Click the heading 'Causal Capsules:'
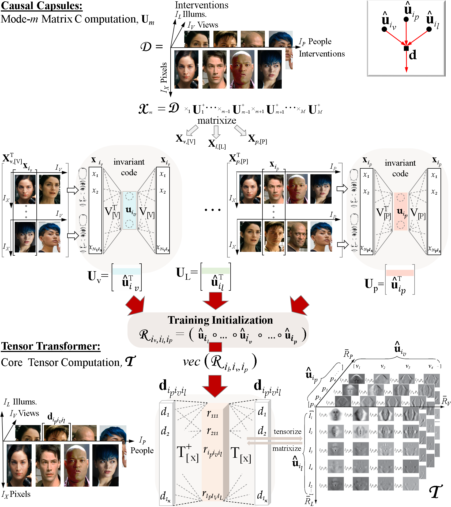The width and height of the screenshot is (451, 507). click(x=42, y=6)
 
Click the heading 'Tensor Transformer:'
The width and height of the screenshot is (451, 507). click(x=51, y=346)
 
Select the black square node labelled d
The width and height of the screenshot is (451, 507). click(x=406, y=48)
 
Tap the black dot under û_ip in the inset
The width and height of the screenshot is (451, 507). click(x=406, y=19)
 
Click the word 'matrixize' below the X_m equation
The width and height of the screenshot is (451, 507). click(x=216, y=121)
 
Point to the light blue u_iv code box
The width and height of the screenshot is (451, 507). click(x=129, y=210)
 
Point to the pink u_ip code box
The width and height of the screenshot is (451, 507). click(x=400, y=211)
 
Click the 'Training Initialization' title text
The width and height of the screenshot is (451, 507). click(x=220, y=320)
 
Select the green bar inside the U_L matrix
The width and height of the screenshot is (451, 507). click(x=216, y=271)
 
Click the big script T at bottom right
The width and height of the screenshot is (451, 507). click(x=435, y=491)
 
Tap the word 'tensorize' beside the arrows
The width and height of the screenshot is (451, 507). click(x=287, y=432)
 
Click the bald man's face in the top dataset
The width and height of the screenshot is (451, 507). click(x=241, y=70)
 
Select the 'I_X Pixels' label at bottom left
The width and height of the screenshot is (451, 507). click(x=16, y=494)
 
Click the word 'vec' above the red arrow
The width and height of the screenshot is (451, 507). click(x=191, y=362)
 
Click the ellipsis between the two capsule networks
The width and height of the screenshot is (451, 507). click(x=212, y=210)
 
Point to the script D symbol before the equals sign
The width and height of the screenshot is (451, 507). click(x=146, y=47)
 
